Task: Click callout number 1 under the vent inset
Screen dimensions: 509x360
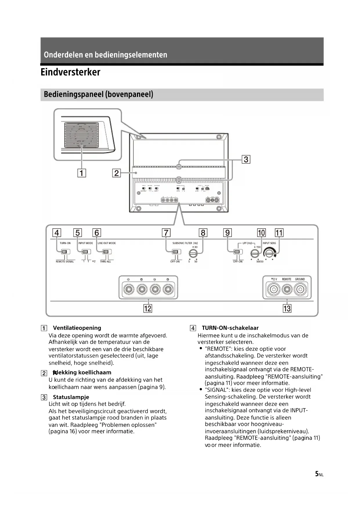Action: click(x=82, y=173)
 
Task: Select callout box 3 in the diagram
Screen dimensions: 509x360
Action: click(x=246, y=159)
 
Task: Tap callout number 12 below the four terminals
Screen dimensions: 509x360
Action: click(x=148, y=308)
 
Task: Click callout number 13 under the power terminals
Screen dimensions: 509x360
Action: click(x=287, y=308)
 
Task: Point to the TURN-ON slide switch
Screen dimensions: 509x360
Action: click(x=64, y=252)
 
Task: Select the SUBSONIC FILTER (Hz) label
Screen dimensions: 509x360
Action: click(x=185, y=243)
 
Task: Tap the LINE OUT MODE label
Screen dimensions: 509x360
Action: click(x=107, y=243)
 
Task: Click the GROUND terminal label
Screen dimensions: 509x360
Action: click(x=300, y=279)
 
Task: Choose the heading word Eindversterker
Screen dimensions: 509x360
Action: click(x=70, y=72)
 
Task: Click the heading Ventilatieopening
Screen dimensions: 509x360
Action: click(x=77, y=328)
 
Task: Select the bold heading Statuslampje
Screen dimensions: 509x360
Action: click(x=71, y=397)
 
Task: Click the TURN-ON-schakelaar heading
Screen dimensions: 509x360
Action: click(x=230, y=328)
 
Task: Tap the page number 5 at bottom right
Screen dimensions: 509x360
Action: click(x=317, y=474)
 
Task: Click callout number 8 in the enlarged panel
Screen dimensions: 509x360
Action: click(x=203, y=233)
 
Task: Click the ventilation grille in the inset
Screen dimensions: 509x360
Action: click(x=81, y=134)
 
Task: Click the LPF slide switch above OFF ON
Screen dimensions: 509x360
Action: click(x=237, y=252)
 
